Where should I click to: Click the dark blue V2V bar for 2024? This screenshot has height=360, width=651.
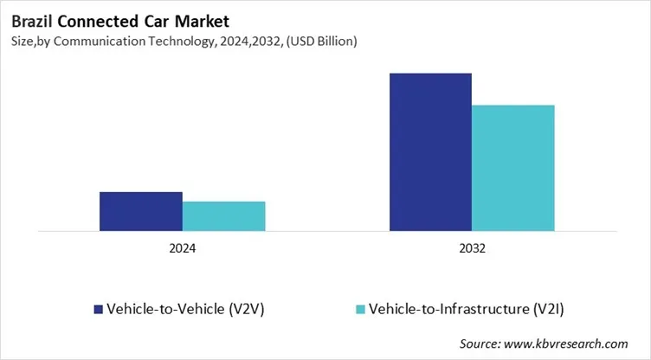(x=140, y=211)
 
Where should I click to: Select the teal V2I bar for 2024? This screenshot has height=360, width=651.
(x=223, y=216)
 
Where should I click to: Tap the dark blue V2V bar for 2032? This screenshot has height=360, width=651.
(x=430, y=152)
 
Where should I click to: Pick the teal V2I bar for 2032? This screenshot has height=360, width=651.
(x=512, y=168)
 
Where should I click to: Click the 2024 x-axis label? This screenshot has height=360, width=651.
(x=182, y=248)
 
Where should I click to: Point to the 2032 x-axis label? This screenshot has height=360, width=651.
(x=472, y=248)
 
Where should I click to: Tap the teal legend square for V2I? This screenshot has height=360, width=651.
(x=359, y=309)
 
